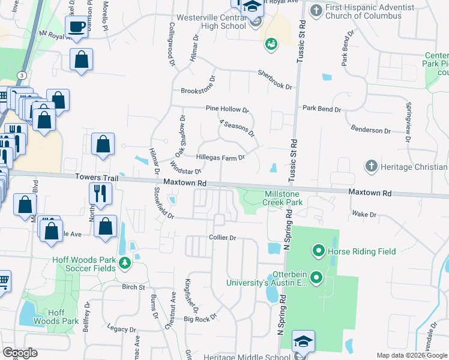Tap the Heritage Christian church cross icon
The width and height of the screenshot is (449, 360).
(x=372, y=166)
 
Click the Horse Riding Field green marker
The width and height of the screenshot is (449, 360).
(x=318, y=251)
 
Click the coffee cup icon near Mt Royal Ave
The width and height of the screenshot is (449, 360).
(x=77, y=26)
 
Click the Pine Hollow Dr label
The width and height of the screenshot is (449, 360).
(x=227, y=109)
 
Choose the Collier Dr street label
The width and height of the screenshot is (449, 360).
(x=223, y=238)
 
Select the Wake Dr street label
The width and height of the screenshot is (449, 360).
(x=364, y=214)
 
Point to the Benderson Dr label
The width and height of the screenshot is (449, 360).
(x=371, y=130)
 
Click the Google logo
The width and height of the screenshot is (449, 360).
(x=20, y=353)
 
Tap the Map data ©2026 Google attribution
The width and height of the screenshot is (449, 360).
(x=411, y=355)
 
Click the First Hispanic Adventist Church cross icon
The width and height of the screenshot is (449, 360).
(x=316, y=10)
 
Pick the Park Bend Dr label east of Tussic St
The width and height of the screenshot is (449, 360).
(x=322, y=109)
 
